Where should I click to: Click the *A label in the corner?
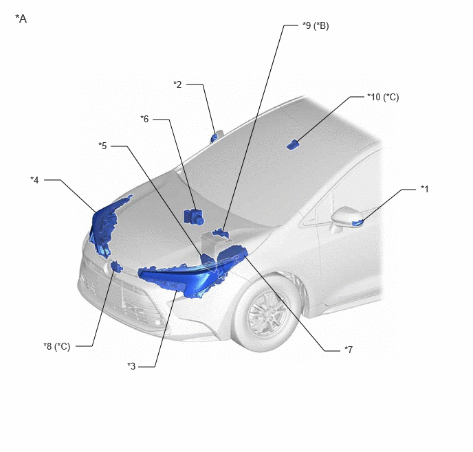coord(21,19)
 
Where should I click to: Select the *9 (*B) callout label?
coord(316,25)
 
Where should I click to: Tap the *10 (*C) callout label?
coord(383,97)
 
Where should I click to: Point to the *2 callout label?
coord(177,84)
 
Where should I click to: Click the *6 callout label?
coord(144,119)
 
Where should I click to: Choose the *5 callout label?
coord(102,146)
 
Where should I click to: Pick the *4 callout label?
coord(34,180)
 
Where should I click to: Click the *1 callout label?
coord(425,189)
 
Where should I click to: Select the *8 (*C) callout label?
coord(56,346)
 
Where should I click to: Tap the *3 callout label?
coord(131,366)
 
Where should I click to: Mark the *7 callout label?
coord(349,350)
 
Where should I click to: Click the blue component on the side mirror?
coord(357,223)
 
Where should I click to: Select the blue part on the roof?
coord(292,145)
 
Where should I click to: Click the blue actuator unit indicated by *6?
coord(193,216)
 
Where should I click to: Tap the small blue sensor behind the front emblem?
coord(116,267)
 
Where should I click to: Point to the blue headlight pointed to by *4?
coord(104,226)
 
